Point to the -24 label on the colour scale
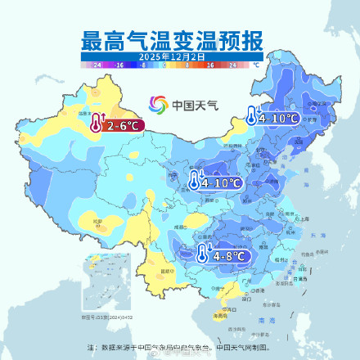[x=97, y=63]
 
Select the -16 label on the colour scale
[x=119, y=63]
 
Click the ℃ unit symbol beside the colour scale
[x=256, y=63]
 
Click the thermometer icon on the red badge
[x=97, y=124]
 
